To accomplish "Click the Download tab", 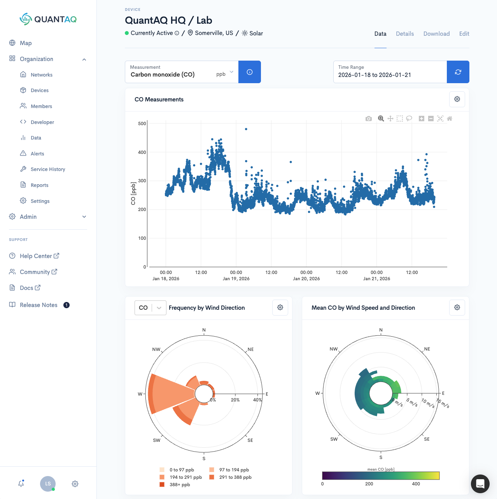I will pyautogui.click(x=436, y=34).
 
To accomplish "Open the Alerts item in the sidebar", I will pyautogui.click(x=37, y=154).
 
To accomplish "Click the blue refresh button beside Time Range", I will pyautogui.click(x=458, y=72).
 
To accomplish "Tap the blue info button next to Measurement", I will pyautogui.click(x=250, y=72).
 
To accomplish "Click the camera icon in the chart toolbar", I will pyautogui.click(x=369, y=119).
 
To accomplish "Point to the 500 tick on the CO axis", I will pyautogui.click(x=142, y=124).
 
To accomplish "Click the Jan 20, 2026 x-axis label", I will pyautogui.click(x=306, y=279).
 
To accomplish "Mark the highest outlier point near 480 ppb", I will pyautogui.click(x=246, y=129).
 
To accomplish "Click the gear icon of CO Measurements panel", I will pyautogui.click(x=457, y=99).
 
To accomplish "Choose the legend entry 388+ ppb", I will pyautogui.click(x=180, y=485).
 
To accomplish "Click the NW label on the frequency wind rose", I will pyautogui.click(x=156, y=349).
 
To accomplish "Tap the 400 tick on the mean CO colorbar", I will pyautogui.click(x=416, y=484).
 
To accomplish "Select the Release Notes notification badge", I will pyautogui.click(x=66, y=305).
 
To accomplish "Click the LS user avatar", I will pyautogui.click(x=48, y=484).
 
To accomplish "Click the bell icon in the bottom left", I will pyautogui.click(x=21, y=484).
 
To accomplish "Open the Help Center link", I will pyautogui.click(x=36, y=256).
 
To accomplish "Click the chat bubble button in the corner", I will pyautogui.click(x=480, y=484).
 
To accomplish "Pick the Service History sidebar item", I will pyautogui.click(x=48, y=169).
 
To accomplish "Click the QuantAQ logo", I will pyautogui.click(x=48, y=19).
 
